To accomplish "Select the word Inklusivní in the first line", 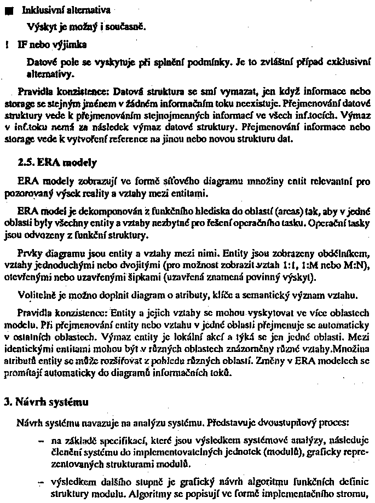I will click(x=39, y=10).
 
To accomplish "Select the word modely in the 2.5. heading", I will click(x=82, y=162).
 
